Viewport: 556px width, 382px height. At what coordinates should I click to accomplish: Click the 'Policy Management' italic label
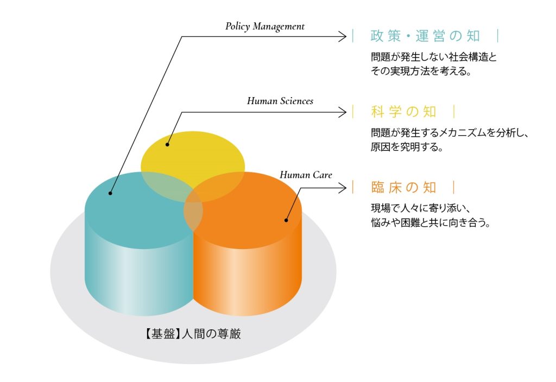[x=265, y=27]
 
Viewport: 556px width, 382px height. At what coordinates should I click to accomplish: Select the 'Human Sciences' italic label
[x=280, y=101]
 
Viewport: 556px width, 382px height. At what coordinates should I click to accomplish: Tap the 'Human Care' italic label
[x=306, y=175]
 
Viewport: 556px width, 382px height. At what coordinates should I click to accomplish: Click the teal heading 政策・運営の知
[x=425, y=36]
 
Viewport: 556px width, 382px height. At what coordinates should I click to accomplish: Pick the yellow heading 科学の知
[x=403, y=112]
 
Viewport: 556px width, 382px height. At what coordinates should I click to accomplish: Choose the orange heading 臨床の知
[x=403, y=188]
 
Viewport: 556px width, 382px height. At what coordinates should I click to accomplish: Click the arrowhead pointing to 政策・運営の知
[x=343, y=36]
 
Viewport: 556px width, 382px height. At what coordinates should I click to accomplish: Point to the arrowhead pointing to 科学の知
[x=343, y=112]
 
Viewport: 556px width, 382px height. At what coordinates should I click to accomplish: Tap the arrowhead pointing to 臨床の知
[x=343, y=188]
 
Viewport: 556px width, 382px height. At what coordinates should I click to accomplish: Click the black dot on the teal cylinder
[x=110, y=193]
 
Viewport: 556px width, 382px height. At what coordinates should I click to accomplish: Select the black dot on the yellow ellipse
[x=168, y=144]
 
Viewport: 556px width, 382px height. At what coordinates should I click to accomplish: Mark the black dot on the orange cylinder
[x=286, y=220]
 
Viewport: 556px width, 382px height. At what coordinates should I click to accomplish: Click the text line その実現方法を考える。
[x=421, y=71]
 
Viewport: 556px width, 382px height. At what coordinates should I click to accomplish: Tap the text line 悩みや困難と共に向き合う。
[x=431, y=222]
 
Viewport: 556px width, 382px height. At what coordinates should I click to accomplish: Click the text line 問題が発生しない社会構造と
[x=433, y=56]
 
